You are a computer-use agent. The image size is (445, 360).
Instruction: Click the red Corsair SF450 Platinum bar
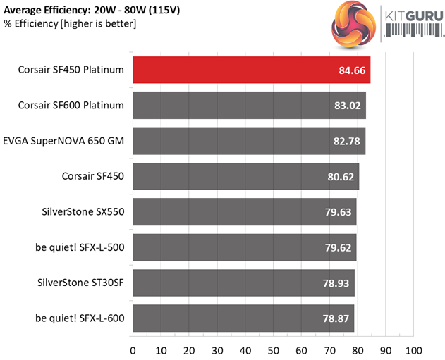click(250, 70)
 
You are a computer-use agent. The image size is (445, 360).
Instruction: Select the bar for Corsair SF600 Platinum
click(248, 106)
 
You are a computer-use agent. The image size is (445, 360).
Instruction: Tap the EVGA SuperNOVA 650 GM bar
click(248, 141)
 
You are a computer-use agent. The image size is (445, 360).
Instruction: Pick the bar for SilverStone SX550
click(244, 212)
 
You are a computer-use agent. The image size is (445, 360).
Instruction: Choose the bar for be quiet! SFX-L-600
click(243, 318)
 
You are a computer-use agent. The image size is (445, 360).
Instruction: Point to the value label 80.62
click(341, 177)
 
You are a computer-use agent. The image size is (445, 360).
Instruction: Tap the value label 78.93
click(337, 283)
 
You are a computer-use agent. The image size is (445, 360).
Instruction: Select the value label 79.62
click(339, 248)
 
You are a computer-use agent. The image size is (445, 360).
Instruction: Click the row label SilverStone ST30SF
click(80, 283)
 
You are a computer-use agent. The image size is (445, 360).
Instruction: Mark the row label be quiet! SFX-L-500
click(79, 247)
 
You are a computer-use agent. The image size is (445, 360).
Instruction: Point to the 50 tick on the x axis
click(274, 349)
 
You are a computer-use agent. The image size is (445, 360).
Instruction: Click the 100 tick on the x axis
click(413, 349)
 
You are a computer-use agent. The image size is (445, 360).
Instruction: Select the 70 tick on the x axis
click(330, 349)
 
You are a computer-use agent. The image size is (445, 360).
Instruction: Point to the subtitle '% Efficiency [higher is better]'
click(70, 24)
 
